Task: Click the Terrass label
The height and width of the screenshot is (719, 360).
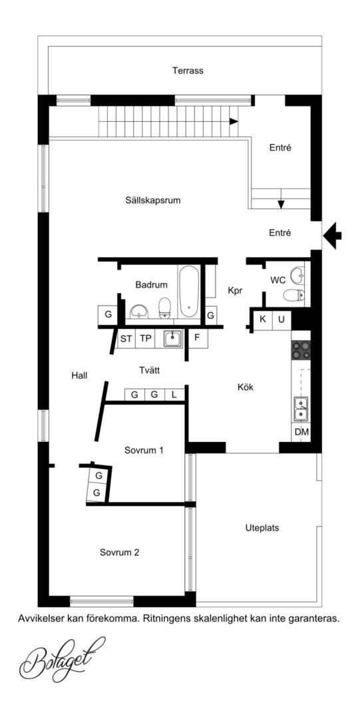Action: [188, 71]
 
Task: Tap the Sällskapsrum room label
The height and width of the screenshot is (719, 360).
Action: [152, 200]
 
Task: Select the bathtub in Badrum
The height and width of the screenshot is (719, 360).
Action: [189, 292]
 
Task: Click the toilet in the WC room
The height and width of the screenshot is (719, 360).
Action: [294, 295]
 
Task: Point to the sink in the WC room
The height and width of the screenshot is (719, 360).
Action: [297, 275]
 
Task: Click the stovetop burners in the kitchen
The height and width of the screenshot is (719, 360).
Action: [301, 350]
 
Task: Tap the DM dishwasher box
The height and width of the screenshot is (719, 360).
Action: [301, 432]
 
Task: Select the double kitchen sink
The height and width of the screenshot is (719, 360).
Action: [301, 409]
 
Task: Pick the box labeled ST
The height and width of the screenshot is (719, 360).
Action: [126, 339]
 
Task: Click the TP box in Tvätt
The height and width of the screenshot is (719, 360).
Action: [145, 339]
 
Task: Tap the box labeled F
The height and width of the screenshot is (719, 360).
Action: [198, 339]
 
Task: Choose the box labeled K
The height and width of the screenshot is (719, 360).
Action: [263, 319]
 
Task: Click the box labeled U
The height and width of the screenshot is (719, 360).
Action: [281, 319]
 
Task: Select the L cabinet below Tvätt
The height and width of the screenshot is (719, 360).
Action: [174, 394]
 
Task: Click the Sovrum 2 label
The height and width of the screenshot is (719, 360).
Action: [119, 553]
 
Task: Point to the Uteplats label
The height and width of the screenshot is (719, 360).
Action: [262, 528]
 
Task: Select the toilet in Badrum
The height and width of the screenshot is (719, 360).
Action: [165, 307]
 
